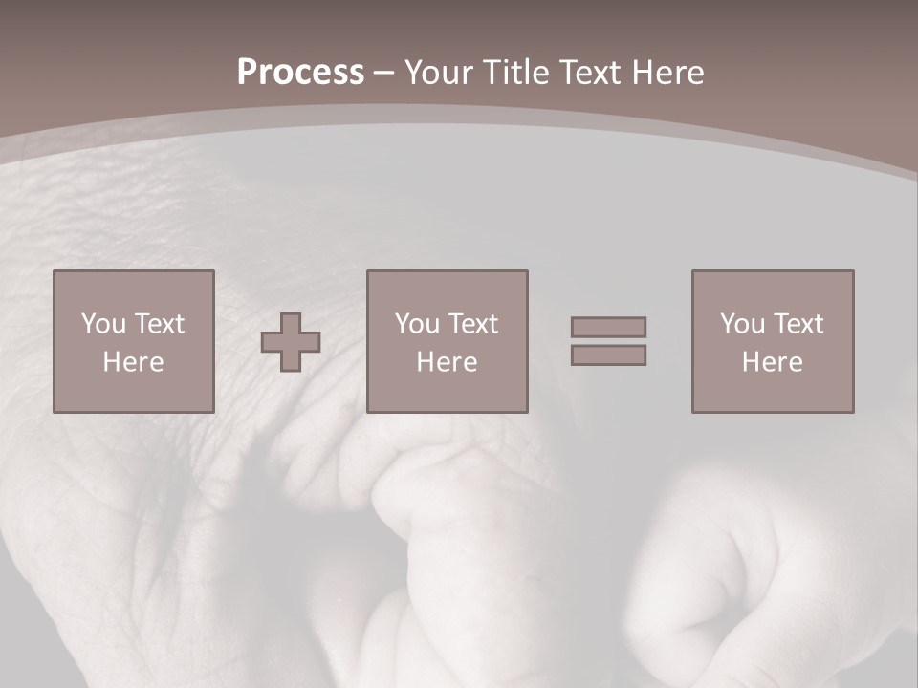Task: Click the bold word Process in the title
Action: [x=300, y=73]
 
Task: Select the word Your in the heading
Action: [x=440, y=73]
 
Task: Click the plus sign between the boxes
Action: [x=292, y=341]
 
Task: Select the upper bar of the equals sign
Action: [x=608, y=327]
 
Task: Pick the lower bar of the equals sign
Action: [x=608, y=355]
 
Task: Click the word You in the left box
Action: [x=103, y=324]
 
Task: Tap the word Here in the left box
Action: [x=133, y=362]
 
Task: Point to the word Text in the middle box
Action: [x=473, y=324]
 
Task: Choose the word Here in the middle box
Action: [x=447, y=362]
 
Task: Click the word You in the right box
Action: [x=742, y=324]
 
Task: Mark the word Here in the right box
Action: [x=772, y=362]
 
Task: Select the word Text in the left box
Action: [x=159, y=324]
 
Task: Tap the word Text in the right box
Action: [x=798, y=324]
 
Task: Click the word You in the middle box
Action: [x=417, y=324]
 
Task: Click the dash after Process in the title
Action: [x=383, y=73]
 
